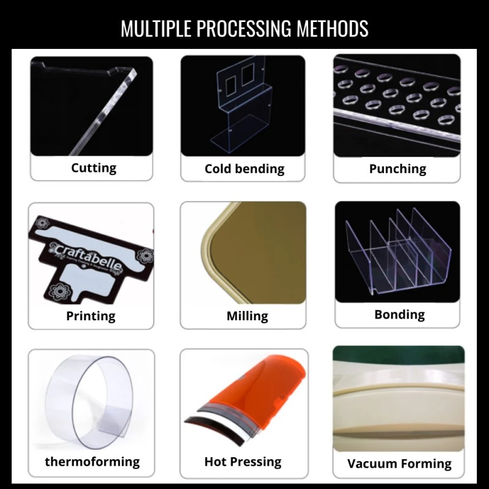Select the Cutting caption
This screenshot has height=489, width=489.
point(94,167)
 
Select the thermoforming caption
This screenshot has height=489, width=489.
point(92,461)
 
